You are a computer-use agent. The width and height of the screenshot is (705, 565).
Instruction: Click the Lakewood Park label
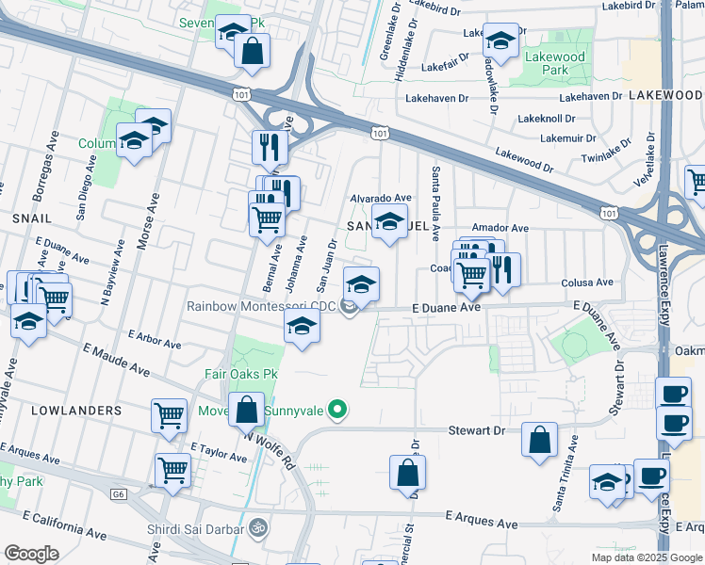tap(555, 63)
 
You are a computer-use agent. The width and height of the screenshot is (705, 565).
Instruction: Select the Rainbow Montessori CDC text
tap(261, 306)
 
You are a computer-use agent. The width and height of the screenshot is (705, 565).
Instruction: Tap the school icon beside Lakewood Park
tap(500, 40)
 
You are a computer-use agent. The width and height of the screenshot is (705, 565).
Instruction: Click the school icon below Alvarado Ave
tap(388, 222)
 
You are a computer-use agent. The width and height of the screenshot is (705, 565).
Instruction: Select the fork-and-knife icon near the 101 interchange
tap(270, 146)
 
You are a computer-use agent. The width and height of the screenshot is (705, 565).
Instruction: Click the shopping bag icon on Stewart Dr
tap(539, 440)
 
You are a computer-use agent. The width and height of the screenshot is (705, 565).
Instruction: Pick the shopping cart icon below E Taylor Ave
tap(173, 468)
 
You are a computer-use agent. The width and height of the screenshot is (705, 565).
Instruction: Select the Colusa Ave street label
tap(586, 282)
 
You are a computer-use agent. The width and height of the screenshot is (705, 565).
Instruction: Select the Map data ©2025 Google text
tap(647, 557)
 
